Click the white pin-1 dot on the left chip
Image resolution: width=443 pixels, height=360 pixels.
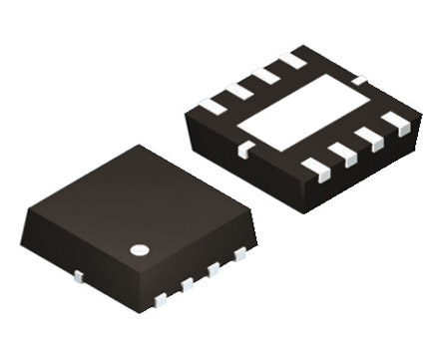pyautogui.click(x=142, y=248)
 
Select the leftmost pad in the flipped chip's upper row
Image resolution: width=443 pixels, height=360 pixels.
pyautogui.click(x=214, y=105)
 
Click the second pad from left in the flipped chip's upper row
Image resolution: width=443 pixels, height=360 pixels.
pyautogui.click(x=239, y=92)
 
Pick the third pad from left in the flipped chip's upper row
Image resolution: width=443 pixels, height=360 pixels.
pyautogui.click(x=265, y=77)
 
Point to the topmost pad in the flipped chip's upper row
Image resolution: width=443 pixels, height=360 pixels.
pyautogui.click(x=293, y=62)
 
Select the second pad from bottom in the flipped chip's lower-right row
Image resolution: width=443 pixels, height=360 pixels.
pyautogui.click(x=342, y=153)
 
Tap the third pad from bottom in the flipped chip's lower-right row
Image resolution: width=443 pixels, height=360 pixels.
pyautogui.click(x=369, y=138)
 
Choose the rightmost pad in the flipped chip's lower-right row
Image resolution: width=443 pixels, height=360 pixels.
pyautogui.click(x=396, y=123)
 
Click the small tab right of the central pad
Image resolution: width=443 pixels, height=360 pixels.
pyautogui.click(x=360, y=79)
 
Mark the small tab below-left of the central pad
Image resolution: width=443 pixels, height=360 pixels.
pyautogui.click(x=242, y=150)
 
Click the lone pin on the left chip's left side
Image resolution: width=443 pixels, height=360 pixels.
pyautogui.click(x=78, y=273)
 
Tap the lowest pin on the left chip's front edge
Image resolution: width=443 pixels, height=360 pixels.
pyautogui.click(x=161, y=297)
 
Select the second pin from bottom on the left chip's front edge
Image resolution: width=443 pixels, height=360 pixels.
pyautogui.click(x=187, y=284)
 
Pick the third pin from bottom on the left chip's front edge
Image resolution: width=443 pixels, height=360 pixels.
pyautogui.click(x=213, y=270)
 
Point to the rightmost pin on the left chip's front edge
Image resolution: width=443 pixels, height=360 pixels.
pyautogui.click(x=239, y=256)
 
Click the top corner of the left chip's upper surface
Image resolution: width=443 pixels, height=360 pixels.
pyautogui.click(x=139, y=147)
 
